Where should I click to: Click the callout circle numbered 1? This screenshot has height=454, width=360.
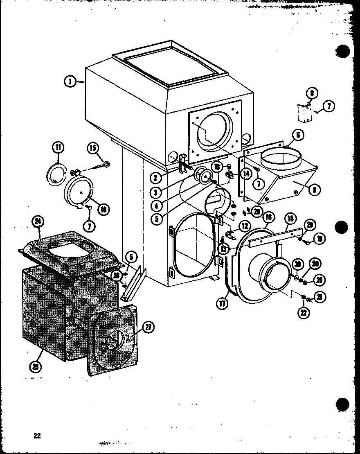click(x=70, y=82)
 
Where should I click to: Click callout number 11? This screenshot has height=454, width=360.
click(x=58, y=147)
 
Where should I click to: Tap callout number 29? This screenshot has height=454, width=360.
click(x=319, y=280)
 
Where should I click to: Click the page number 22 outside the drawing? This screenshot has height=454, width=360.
click(x=37, y=436)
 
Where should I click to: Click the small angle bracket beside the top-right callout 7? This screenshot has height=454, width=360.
click(x=304, y=113)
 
